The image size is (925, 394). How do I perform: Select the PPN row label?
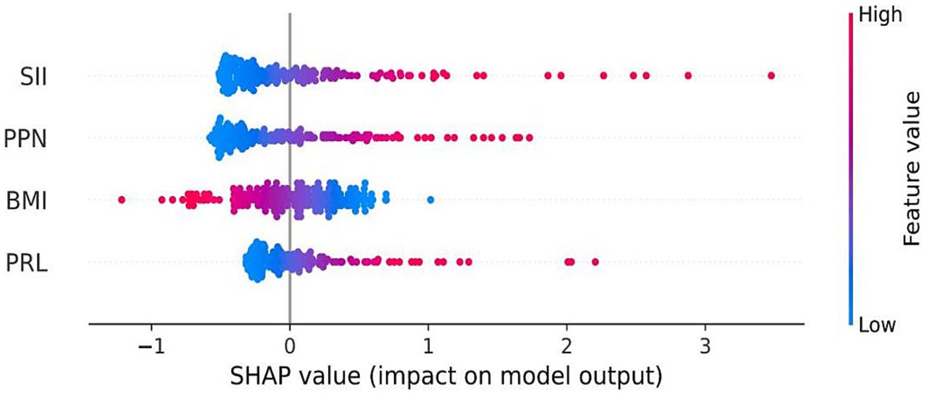[x=26, y=138]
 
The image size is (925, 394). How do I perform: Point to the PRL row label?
[x=28, y=263]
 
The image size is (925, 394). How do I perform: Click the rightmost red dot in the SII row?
[x=771, y=76]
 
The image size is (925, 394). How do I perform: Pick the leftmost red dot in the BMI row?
[x=122, y=200]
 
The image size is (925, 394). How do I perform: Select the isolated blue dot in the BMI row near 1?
[x=430, y=199]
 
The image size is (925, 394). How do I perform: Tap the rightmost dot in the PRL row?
[x=595, y=261]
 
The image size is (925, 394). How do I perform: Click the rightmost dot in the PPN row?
[x=529, y=137]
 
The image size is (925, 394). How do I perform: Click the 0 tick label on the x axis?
[x=289, y=342]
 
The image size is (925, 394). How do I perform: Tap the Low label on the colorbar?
[x=876, y=324]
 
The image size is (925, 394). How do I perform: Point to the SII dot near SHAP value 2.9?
[x=687, y=76]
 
